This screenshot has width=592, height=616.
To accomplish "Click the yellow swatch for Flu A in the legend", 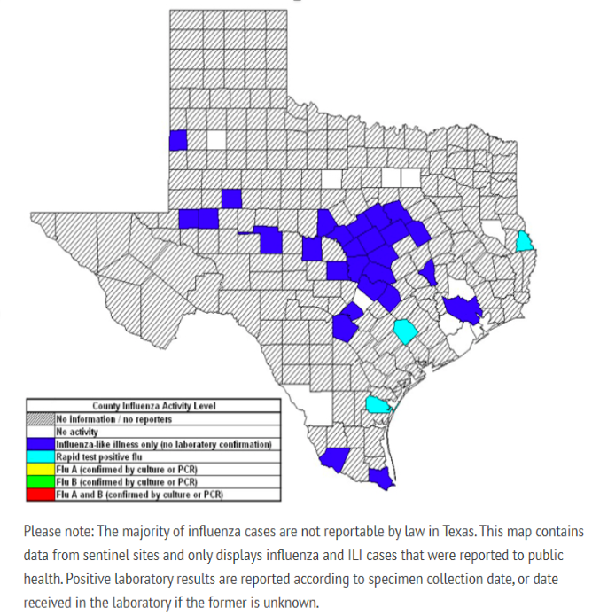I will point(41,469).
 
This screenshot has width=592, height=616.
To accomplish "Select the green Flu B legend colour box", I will point(41,481).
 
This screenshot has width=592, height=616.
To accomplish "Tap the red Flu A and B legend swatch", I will point(41,494).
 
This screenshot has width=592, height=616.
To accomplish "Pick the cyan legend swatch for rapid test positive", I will point(41,456).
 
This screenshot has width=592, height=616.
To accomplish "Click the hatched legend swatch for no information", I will point(41,418).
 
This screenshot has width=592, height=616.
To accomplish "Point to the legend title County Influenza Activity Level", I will point(154,406).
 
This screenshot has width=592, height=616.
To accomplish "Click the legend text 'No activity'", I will point(77,431).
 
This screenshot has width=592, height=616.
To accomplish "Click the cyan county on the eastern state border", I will point(526,240).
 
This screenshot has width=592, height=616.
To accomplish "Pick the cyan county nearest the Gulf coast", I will point(378,405).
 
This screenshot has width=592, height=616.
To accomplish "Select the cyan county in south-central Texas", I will point(406,331).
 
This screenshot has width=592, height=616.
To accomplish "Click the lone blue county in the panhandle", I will point(178,140).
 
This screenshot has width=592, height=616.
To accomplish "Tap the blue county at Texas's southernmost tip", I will point(380,479).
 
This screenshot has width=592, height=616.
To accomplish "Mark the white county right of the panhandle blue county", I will point(216,140).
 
